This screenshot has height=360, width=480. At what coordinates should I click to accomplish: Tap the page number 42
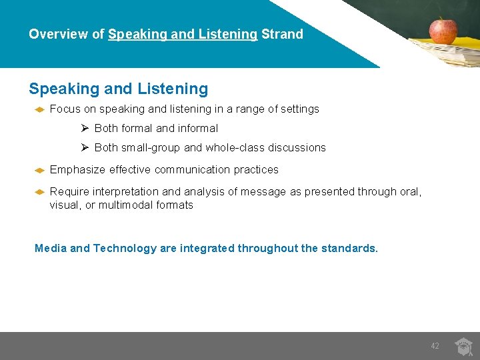coord(435,346)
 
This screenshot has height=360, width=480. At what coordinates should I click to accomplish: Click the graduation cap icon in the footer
coord(463,347)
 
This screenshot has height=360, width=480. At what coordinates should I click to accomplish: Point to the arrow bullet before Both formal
coord(85,128)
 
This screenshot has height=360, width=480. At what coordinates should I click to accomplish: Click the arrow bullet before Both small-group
coord(85,147)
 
